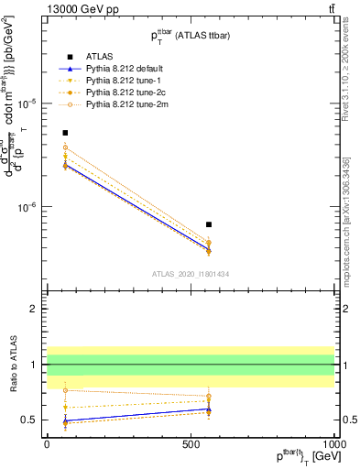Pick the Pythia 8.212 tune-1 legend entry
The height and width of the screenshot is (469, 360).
[x=119, y=81]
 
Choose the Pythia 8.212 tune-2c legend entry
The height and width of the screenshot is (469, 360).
[x=121, y=93]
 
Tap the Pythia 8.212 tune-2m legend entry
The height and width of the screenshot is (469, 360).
[x=122, y=105]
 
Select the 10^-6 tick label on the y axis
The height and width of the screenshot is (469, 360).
[x=27, y=207]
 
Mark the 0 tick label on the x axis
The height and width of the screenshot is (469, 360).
[x=47, y=444]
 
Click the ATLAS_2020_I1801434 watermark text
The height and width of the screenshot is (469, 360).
[x=190, y=274]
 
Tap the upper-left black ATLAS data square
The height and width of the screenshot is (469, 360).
[x=65, y=133]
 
